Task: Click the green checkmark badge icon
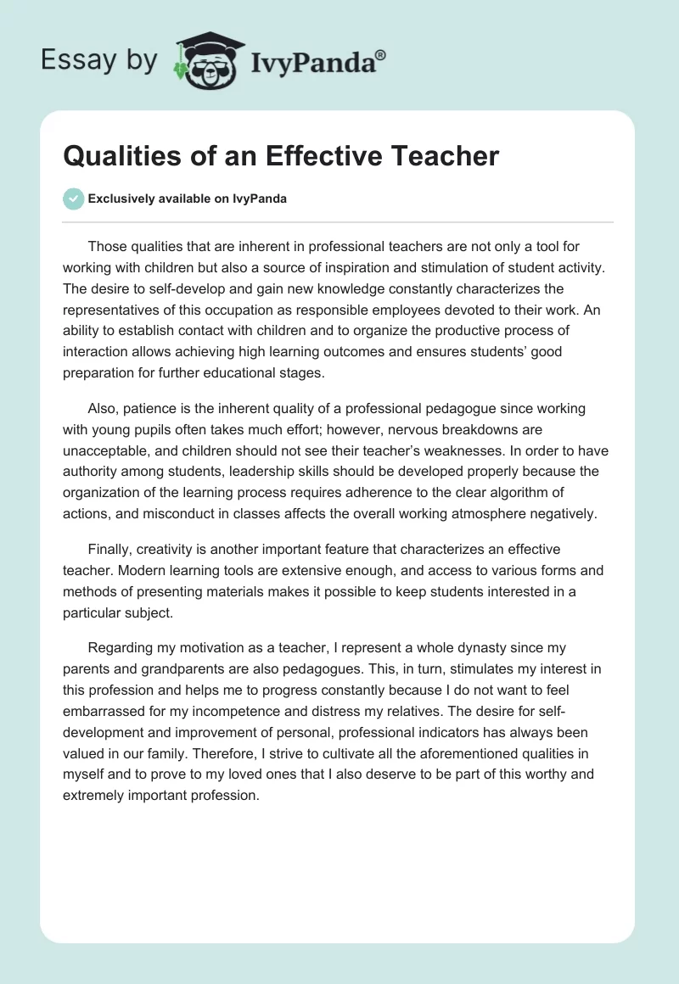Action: pos(73,198)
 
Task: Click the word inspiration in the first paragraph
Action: pos(379,268)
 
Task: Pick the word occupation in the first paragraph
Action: pos(244,310)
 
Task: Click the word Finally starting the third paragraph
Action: pos(109,549)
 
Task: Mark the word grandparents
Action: pos(161,668)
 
